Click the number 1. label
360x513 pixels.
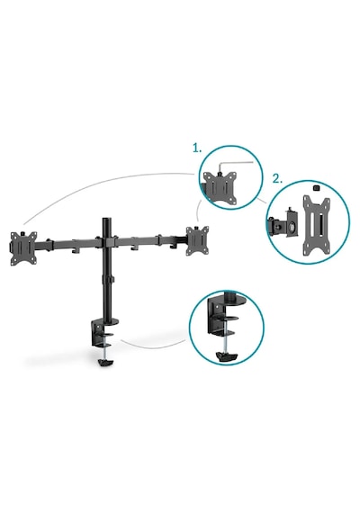[x=197, y=148]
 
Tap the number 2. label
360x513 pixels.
[x=278, y=179]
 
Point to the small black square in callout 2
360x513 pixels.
[x=316, y=188]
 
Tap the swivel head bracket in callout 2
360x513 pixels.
[x=284, y=225]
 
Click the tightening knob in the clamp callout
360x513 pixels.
[x=227, y=356]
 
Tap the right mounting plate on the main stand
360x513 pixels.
[x=197, y=240]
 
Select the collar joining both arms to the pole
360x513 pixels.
[x=108, y=242]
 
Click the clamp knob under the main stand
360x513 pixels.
[x=105, y=363]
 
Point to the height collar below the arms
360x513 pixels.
[x=108, y=280]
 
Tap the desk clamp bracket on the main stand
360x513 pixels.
[x=101, y=333]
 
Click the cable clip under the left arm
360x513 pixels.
[x=76, y=250]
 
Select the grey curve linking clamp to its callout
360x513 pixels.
[x=153, y=346]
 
